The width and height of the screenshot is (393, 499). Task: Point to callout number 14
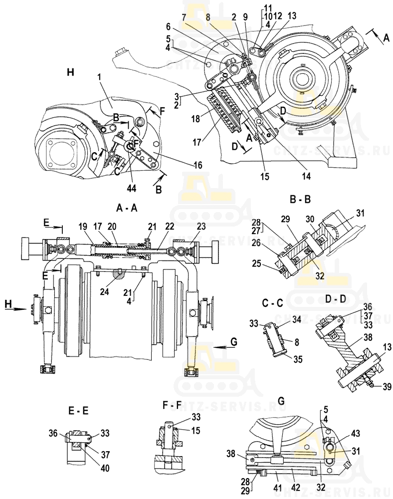tap(306, 176)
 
